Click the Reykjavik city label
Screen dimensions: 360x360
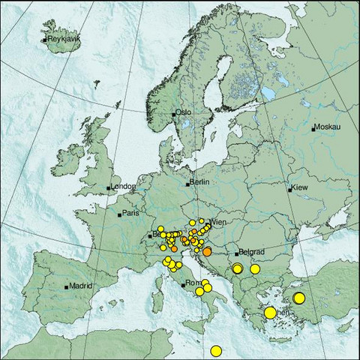64,39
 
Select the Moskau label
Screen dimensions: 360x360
328,127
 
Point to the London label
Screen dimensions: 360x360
122,187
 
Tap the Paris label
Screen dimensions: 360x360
131,214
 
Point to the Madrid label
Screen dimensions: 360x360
80,285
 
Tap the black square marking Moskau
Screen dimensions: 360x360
314,128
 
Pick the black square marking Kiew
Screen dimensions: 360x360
290,190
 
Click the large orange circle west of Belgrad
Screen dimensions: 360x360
208,253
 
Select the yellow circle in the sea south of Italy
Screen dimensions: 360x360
216,350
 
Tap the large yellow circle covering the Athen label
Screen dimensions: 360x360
270,312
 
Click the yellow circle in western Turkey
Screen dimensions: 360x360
298,298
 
